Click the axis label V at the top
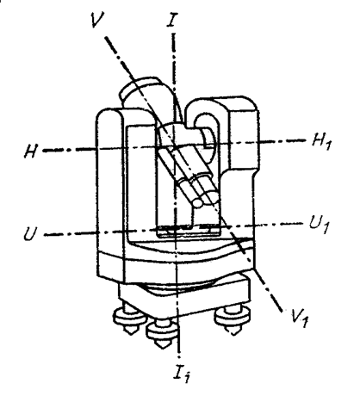point(97,20)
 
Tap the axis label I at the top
point(172,20)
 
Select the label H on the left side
point(31,152)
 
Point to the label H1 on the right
point(322,142)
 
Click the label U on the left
point(31,233)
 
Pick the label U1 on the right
point(319,225)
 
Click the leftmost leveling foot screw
point(129,319)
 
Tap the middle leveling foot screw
point(162,333)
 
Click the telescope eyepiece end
point(198,202)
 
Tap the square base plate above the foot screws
point(183,299)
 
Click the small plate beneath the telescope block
point(188,230)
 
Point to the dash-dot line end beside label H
point(44,151)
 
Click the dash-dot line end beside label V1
point(282,311)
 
